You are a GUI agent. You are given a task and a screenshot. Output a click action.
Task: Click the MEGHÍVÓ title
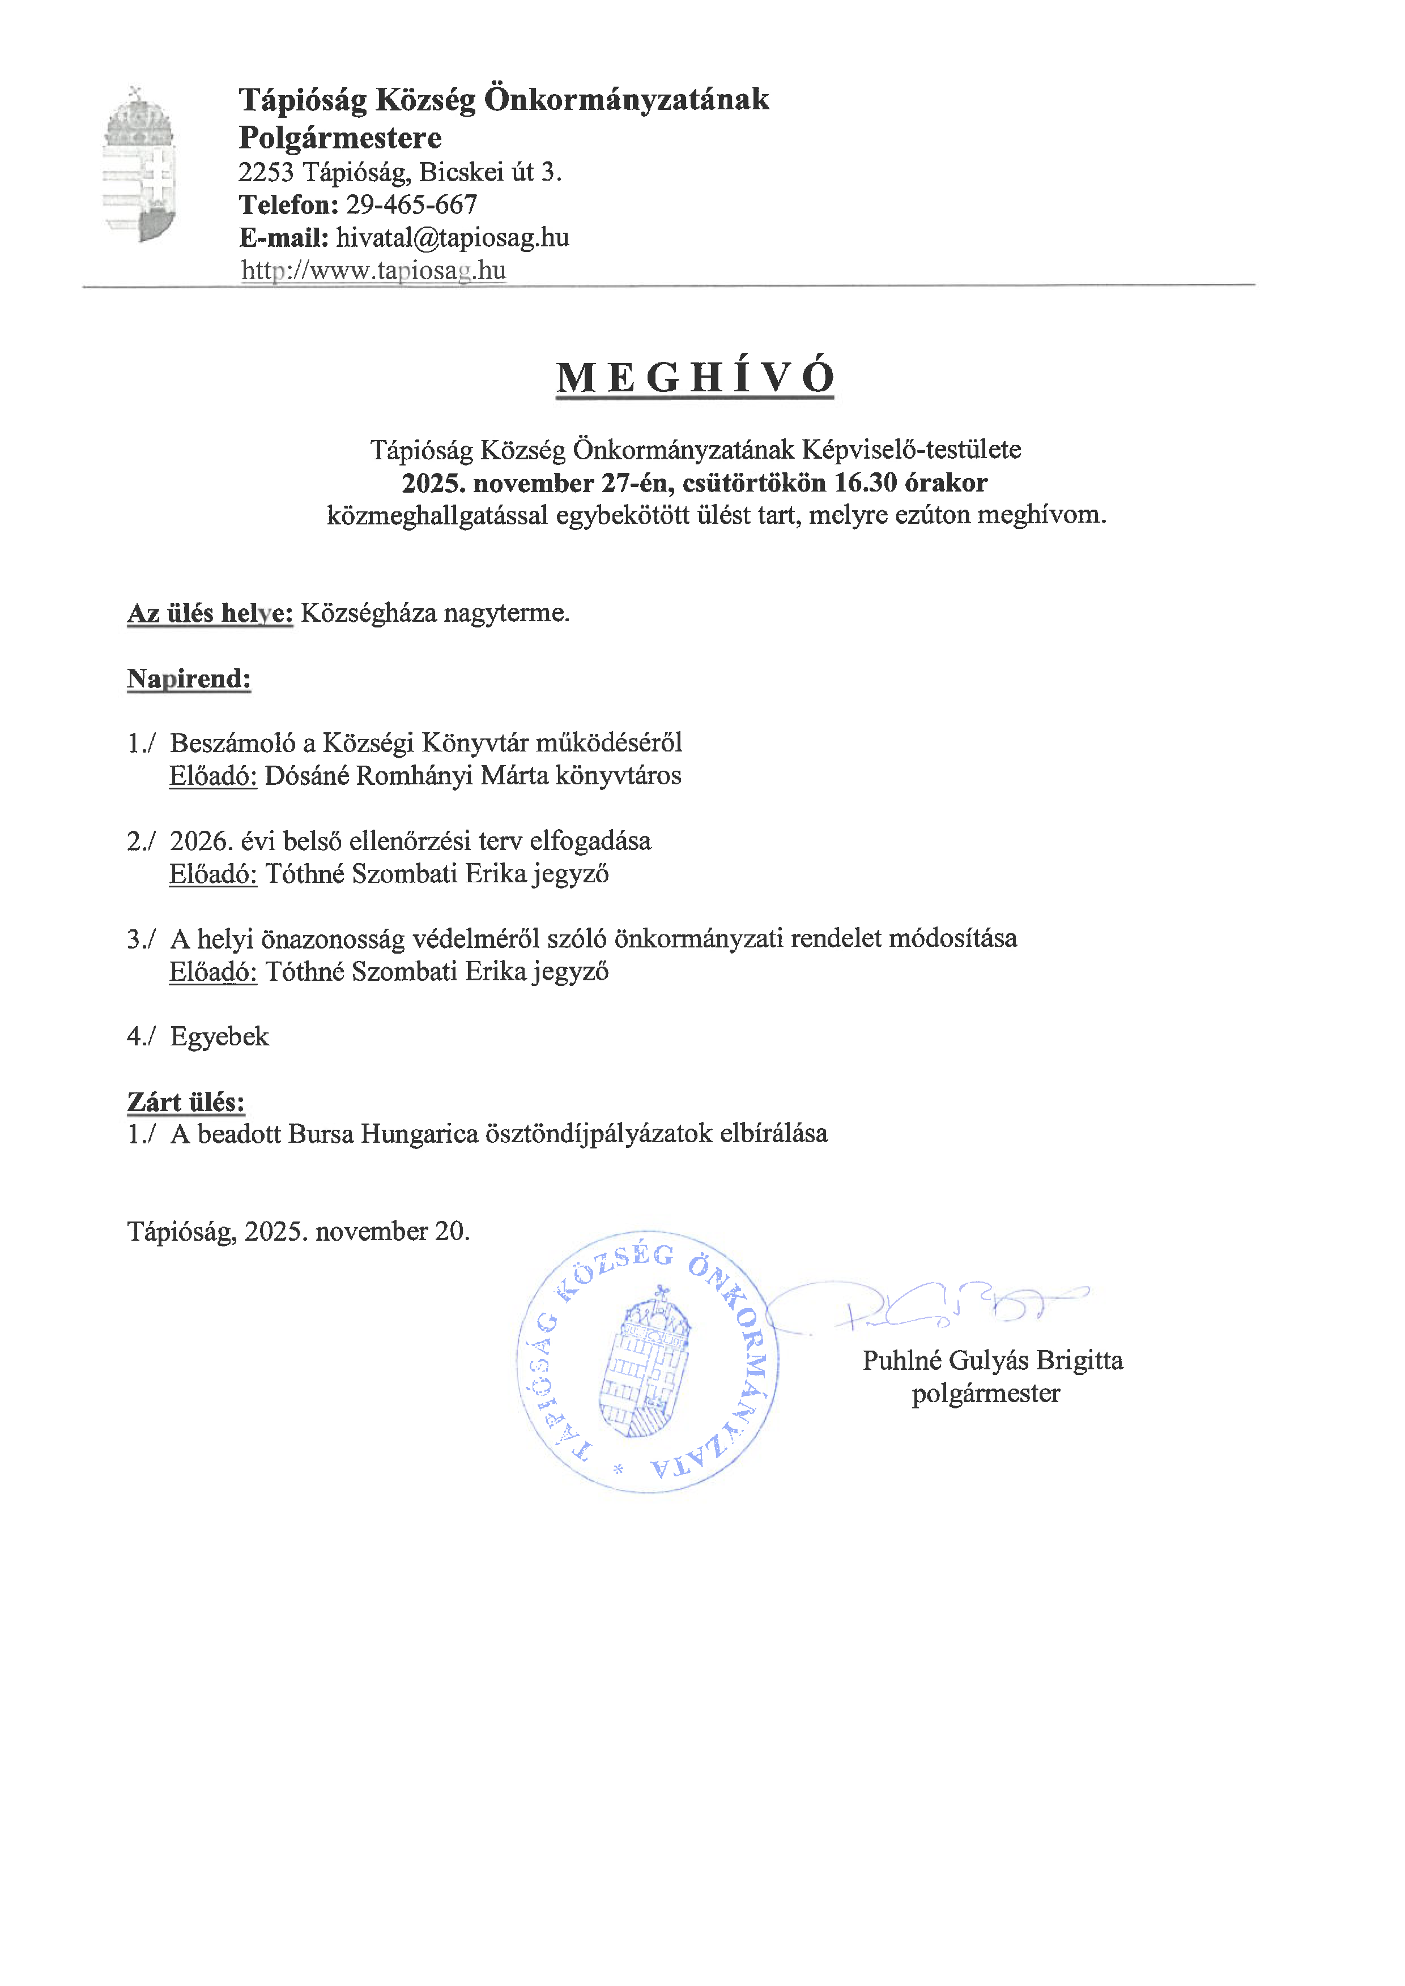695,378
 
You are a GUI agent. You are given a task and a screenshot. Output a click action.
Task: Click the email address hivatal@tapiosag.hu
453,238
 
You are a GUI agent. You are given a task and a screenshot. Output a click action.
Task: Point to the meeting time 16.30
865,482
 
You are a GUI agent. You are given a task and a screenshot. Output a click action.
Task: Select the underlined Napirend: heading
189,679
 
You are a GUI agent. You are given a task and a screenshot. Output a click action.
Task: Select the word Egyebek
220,1036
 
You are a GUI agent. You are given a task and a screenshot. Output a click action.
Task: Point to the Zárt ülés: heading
186,1102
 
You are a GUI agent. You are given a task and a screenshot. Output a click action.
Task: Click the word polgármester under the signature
985,1394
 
